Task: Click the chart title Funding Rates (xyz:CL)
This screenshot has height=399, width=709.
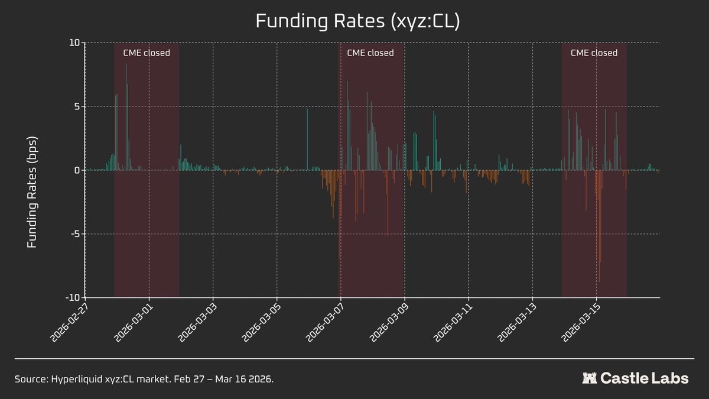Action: [357, 21]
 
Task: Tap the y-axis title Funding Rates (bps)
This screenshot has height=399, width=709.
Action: [32, 193]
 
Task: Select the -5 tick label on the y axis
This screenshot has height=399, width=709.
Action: [73, 234]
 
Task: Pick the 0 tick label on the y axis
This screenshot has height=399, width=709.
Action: [75, 170]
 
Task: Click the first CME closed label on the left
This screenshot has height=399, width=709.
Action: [147, 53]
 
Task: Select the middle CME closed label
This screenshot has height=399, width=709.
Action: [370, 53]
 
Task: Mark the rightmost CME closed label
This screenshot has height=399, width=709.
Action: [594, 53]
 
